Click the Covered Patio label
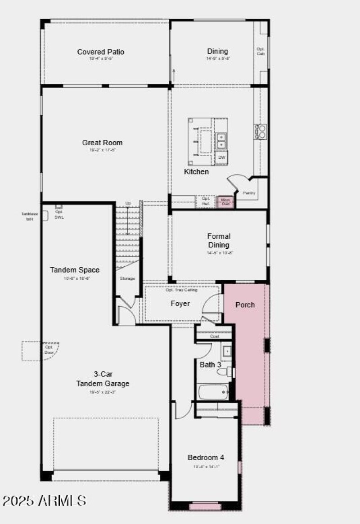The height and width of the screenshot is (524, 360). point(100,52)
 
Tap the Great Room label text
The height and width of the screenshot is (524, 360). point(102,143)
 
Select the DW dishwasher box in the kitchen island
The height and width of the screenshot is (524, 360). point(221,157)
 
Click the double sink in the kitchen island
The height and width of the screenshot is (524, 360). point(221,141)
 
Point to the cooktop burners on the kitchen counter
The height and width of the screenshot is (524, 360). point(261,131)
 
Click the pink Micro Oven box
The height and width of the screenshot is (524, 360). point(225,202)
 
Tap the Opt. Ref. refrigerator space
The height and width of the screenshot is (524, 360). point(206,201)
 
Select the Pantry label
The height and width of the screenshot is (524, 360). point(250,193)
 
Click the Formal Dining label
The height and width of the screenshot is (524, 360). point(219,241)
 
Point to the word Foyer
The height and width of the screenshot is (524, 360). point(180,304)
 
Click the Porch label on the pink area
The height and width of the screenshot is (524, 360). point(245,305)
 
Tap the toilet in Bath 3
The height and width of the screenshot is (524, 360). point(225,372)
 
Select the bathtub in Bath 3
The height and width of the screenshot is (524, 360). point(213,392)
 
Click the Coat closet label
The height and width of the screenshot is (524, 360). point(214,336)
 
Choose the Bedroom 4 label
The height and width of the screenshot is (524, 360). point(206,457)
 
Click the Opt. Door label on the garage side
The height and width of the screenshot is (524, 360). point(49,349)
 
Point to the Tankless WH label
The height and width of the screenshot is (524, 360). point(29,216)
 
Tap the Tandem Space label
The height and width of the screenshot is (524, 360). point(75,270)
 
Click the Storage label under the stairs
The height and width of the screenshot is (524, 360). point(127,278)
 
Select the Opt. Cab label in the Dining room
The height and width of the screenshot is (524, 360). point(261,51)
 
